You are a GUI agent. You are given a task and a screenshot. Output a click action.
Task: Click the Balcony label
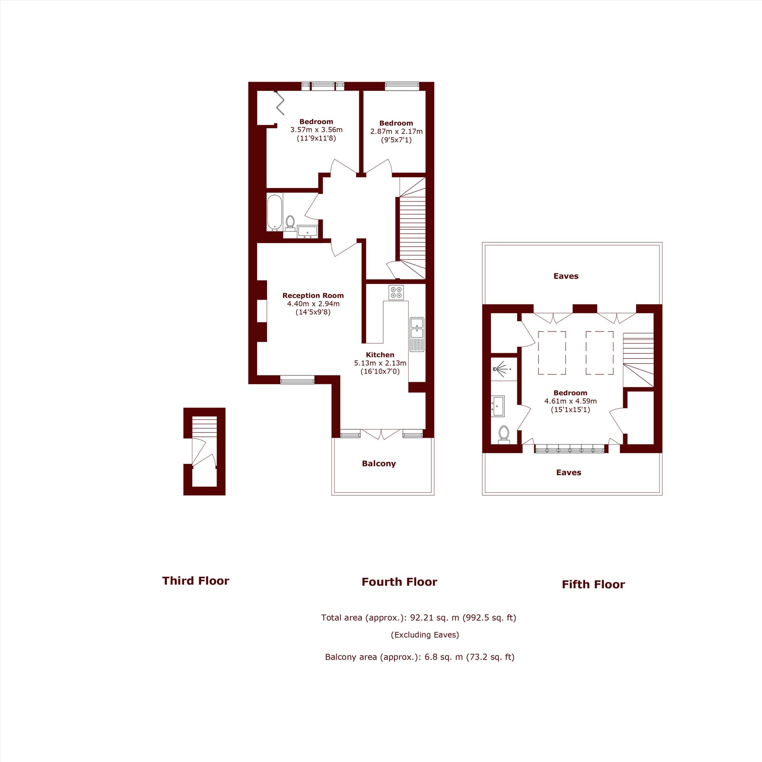pos(379,463)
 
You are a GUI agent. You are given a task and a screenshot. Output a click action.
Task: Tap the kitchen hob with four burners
pos(396,292)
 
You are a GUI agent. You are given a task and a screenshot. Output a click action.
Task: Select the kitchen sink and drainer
pos(417,334)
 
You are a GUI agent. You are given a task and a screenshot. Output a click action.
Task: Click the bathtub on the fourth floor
pos(274,212)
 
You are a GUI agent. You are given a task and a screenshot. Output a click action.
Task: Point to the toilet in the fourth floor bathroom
pos(290,224)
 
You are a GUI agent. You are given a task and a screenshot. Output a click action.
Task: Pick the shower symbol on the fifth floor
pos(501,370)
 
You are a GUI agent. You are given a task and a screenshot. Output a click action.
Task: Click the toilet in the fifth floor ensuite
pos(504,435)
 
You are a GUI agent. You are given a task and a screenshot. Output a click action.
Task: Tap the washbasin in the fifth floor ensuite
pos(498,407)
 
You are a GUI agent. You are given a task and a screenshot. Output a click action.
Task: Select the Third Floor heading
pos(195,581)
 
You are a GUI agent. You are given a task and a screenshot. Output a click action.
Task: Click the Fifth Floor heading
pos(593,584)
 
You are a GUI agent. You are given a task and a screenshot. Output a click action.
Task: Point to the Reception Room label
pos(313,295)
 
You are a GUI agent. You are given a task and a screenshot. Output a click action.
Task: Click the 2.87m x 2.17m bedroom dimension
pos(396,131)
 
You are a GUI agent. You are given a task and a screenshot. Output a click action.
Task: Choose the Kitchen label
pos(380,355)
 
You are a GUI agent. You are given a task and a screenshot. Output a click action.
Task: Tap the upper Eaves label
pos(565,276)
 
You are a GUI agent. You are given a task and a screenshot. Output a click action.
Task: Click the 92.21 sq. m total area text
pos(418,617)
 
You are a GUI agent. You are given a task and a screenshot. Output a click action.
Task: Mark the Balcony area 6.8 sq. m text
pos(419,657)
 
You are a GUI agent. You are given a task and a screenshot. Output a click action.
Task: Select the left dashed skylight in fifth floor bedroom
pos(552,352)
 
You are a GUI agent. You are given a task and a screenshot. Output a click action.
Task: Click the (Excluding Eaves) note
pos(425,635)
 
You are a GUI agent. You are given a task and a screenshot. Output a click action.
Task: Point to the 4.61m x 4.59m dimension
pos(570,401)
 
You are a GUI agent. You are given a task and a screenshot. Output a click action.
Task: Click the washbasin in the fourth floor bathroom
pos(307,232)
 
